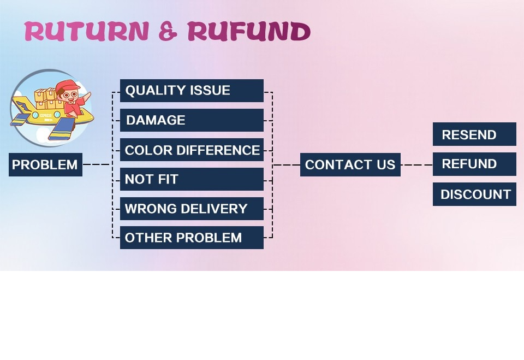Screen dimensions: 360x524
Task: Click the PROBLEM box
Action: tap(45, 164)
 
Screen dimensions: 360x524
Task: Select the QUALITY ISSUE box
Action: tap(192, 91)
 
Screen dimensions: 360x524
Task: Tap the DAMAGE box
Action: tap(192, 120)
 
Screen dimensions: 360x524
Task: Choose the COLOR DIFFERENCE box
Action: tap(192, 150)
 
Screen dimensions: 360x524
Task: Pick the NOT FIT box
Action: tap(192, 179)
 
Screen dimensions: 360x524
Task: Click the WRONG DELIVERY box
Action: tap(192, 209)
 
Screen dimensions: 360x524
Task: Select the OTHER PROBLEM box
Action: tap(192, 238)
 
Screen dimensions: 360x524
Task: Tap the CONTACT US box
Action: tap(350, 164)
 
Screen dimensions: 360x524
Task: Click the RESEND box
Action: tap(474, 134)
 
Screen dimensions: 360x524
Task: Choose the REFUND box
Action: tap(474, 164)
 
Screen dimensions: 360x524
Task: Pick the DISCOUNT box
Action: tap(474, 194)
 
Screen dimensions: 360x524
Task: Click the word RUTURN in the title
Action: tap(87, 32)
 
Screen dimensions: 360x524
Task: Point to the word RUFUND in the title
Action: tap(249, 32)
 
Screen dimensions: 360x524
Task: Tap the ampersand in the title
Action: tap(168, 32)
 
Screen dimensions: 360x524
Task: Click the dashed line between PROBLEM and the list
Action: tap(97, 164)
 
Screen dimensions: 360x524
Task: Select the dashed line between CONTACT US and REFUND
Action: tap(416, 164)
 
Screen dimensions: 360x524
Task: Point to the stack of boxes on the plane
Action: tap(46, 99)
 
